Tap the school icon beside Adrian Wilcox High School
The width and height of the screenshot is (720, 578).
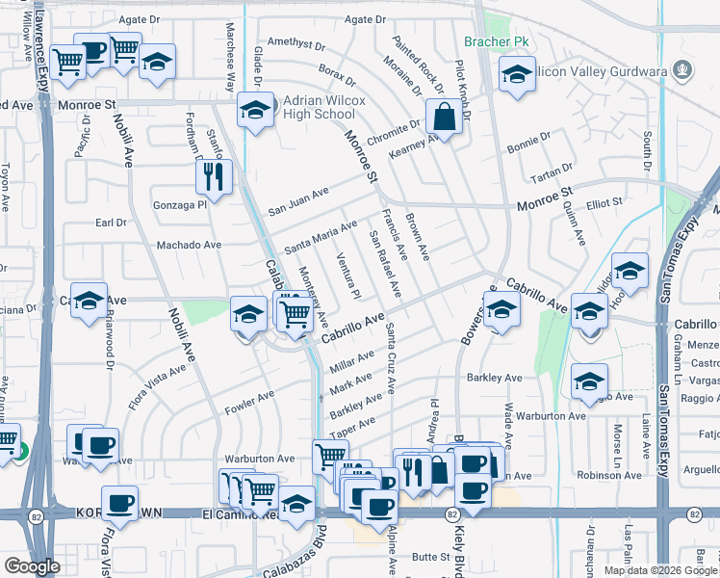click(254, 111)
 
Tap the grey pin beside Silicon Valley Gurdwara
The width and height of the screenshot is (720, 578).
click(682, 69)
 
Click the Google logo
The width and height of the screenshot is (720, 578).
click(32, 566)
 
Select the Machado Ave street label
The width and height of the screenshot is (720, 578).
click(189, 245)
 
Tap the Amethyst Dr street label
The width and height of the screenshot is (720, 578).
click(292, 41)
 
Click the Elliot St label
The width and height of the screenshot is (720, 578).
click(604, 202)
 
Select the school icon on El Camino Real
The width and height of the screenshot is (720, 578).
click(297, 503)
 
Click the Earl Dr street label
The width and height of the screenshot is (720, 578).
click(111, 223)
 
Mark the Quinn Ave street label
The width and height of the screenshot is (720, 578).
click(575, 227)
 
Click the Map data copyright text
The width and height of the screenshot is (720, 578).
click(659, 570)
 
